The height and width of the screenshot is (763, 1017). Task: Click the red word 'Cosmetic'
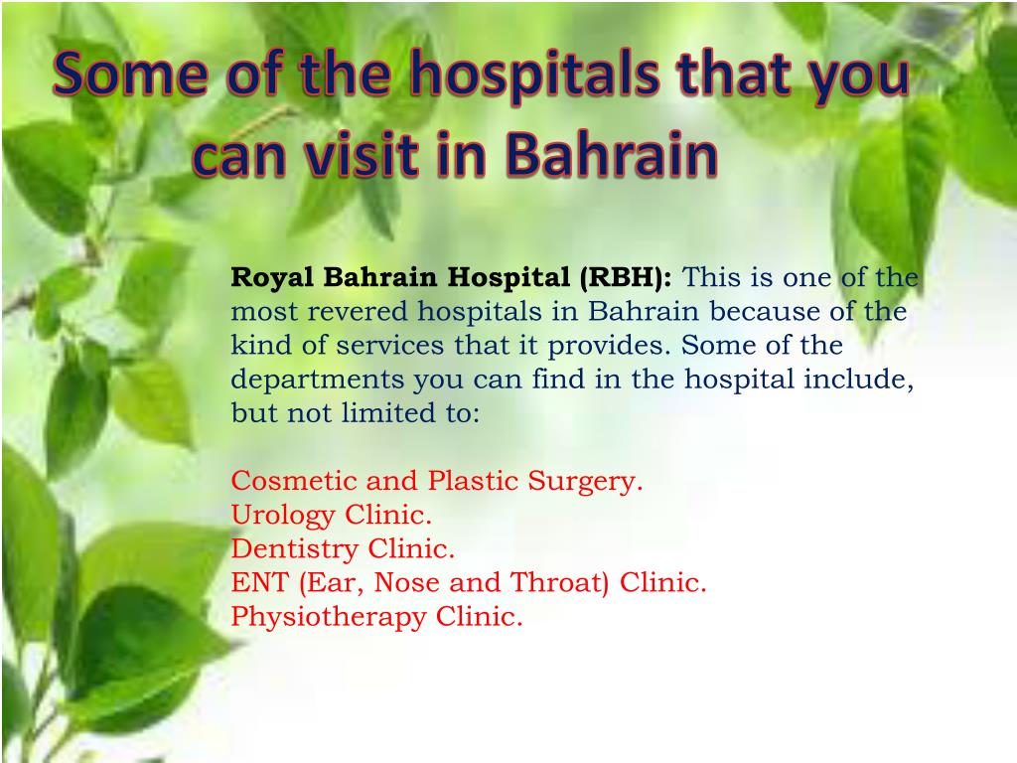pos(295,482)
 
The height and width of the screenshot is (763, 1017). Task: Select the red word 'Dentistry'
pos(295,549)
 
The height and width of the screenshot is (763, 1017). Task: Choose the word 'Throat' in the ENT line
pos(560,583)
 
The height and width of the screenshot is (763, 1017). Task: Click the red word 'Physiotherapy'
pos(329,617)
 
